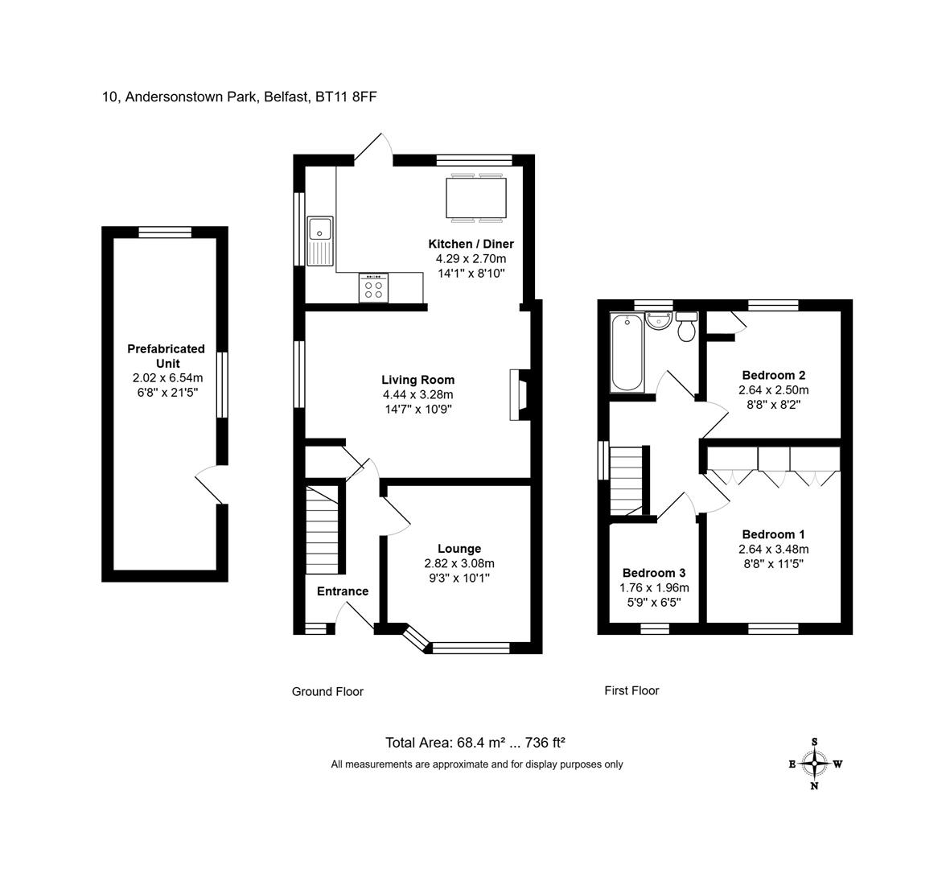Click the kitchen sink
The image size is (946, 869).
(x=320, y=241)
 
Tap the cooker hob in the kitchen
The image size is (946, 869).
(x=373, y=288)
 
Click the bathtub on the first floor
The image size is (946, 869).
(x=627, y=352)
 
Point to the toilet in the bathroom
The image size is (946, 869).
(x=687, y=327)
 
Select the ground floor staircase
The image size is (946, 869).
(x=323, y=529)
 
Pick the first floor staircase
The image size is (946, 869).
(x=627, y=480)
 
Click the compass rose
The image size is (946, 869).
(x=814, y=764)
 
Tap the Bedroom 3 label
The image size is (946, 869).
(x=654, y=573)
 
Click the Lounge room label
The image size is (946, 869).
(x=459, y=549)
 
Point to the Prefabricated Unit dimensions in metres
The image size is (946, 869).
(x=167, y=378)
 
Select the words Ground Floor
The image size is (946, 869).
(x=327, y=692)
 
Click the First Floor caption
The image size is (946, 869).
(x=631, y=690)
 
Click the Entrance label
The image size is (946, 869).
(x=343, y=591)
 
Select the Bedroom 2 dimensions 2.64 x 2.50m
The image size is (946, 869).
(x=774, y=389)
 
